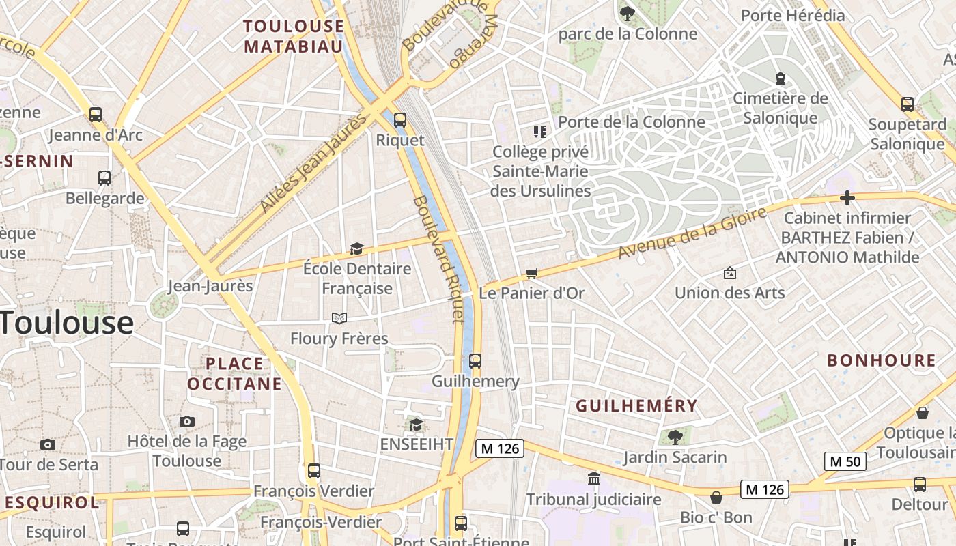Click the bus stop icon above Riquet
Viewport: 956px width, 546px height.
click(x=400, y=120)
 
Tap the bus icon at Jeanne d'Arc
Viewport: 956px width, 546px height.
click(x=96, y=115)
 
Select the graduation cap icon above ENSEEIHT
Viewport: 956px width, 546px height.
click(x=416, y=425)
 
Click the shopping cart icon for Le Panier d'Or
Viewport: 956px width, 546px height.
click(x=532, y=274)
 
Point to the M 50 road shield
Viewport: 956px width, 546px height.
click(x=845, y=461)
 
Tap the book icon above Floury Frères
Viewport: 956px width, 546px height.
click(x=339, y=318)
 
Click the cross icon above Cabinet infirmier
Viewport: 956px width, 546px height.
click(x=847, y=199)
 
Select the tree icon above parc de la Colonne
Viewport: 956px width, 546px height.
click(x=627, y=13)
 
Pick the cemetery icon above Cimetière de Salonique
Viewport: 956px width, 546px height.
click(x=780, y=78)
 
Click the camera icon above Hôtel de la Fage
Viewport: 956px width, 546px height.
click(x=187, y=421)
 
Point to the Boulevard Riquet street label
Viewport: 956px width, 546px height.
click(x=439, y=259)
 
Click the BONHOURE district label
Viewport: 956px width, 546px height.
click(x=882, y=360)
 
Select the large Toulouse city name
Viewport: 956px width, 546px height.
click(x=66, y=323)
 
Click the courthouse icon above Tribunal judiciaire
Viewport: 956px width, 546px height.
click(x=594, y=478)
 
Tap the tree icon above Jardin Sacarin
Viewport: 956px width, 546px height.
click(x=675, y=436)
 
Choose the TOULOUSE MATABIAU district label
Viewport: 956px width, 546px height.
click(x=294, y=36)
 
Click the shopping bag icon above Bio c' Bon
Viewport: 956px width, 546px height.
click(x=716, y=498)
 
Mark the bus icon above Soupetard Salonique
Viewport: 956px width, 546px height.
click(x=908, y=104)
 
